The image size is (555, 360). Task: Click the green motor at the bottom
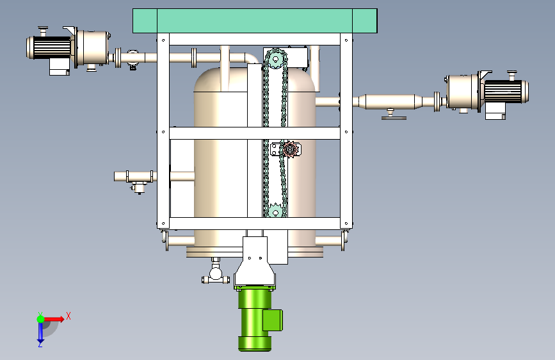click(255, 319)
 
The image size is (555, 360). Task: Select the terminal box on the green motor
click(273, 320)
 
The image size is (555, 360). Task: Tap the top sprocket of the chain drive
click(275, 59)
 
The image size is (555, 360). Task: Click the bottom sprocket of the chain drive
click(275, 211)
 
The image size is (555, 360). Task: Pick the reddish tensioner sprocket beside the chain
click(290, 149)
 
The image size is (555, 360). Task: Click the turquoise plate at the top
click(255, 21)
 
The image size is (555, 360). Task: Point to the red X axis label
click(68, 316)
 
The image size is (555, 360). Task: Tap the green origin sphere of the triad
click(41, 319)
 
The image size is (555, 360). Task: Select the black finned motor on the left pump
click(49, 47)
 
